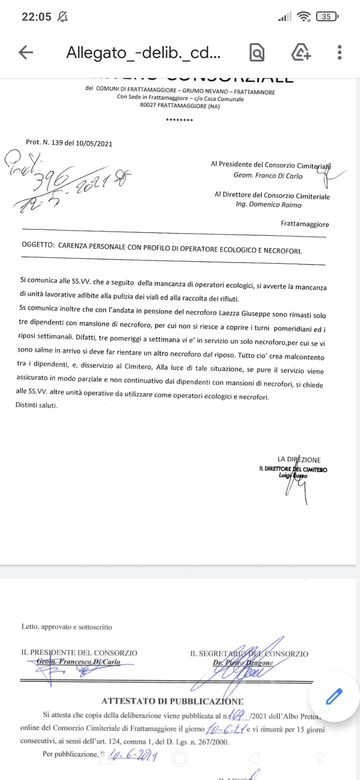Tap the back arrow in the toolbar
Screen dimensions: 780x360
point(26,53)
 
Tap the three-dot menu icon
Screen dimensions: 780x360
point(339,53)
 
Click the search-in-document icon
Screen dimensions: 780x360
point(257,53)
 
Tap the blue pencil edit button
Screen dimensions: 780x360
point(334,696)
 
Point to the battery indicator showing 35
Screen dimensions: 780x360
point(327,16)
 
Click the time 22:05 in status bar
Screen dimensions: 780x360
point(36,17)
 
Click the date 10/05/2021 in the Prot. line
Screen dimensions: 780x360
point(94,144)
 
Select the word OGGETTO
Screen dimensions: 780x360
point(38,245)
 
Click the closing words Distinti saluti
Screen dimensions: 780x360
point(36,405)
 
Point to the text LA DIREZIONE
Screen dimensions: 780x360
point(299,460)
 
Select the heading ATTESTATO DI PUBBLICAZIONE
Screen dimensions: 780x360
point(172,701)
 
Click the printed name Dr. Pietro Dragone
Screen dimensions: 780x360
point(243,663)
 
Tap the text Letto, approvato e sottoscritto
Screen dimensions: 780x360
point(67,627)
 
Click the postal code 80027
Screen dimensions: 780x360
point(148,105)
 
